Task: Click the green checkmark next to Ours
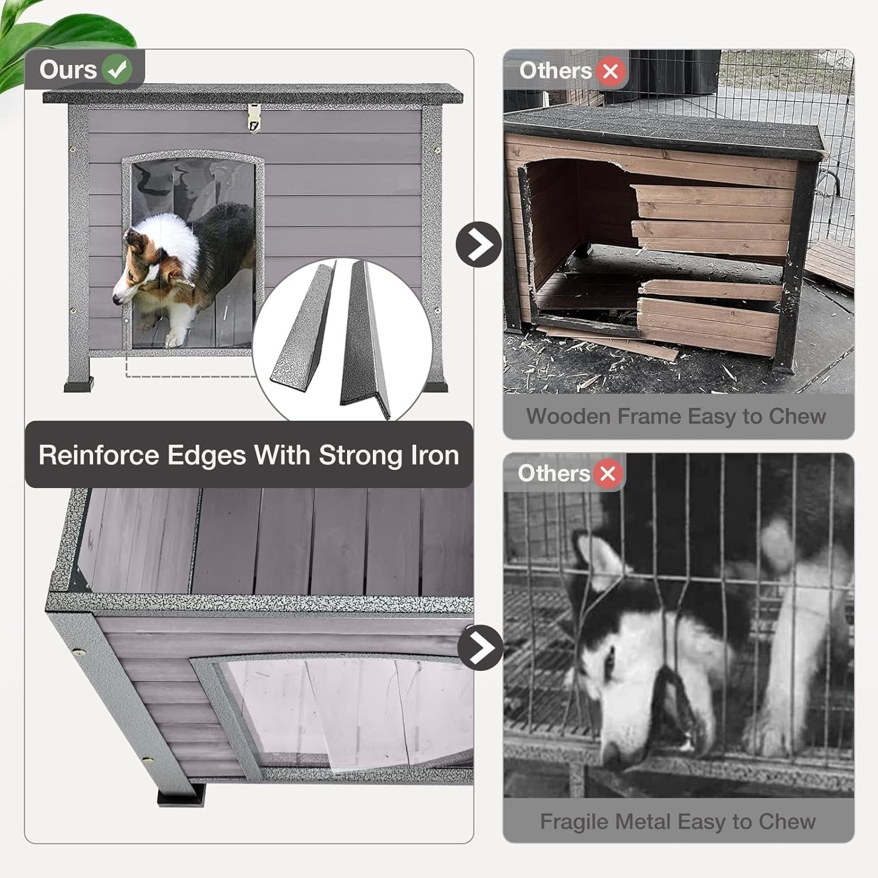tap(117, 70)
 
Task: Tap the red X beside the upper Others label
tap(611, 71)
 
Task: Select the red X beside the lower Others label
tap(608, 473)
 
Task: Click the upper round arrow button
tap(479, 244)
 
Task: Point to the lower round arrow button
tap(481, 647)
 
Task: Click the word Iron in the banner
tap(434, 455)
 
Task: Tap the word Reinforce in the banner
tap(98, 455)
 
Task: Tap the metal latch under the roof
tap(253, 118)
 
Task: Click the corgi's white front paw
tap(173, 339)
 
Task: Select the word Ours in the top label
tap(68, 70)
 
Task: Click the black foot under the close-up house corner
tap(182, 798)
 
